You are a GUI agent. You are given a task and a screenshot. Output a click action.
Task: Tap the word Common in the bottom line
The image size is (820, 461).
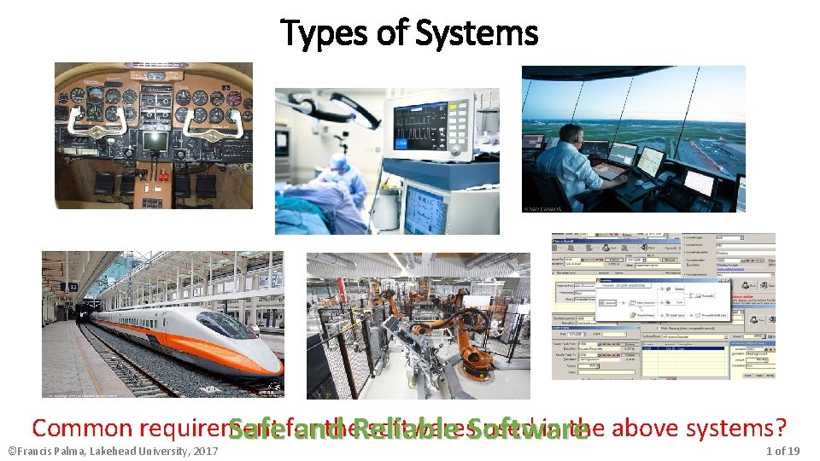click(x=82, y=429)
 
